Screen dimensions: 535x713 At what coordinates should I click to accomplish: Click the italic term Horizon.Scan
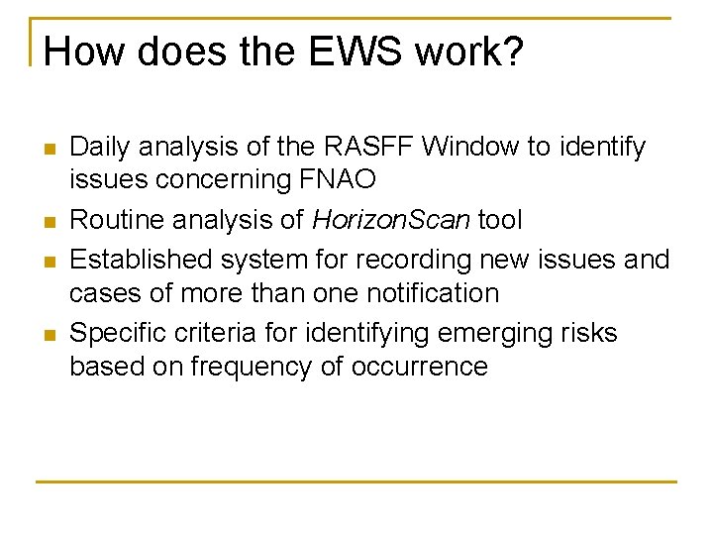pyautogui.click(x=390, y=219)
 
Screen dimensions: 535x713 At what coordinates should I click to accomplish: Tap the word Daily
pyautogui.click(x=102, y=147)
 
